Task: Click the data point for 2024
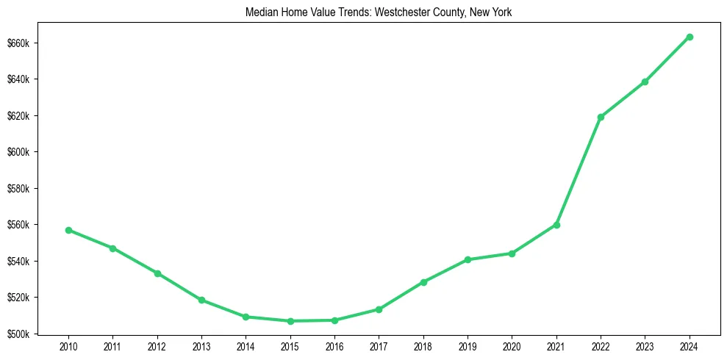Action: point(690,37)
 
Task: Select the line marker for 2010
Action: point(68,230)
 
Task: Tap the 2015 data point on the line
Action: point(290,321)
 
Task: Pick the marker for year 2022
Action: point(601,117)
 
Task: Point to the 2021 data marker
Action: point(556,225)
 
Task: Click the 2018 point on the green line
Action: point(423,282)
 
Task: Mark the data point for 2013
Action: point(201,300)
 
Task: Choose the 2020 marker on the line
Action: point(512,253)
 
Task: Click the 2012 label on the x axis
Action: point(157,346)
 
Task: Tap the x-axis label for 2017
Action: point(379,346)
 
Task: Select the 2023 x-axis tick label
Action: point(645,346)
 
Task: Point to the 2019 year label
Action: point(468,346)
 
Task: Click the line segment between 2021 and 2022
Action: point(579,170)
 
